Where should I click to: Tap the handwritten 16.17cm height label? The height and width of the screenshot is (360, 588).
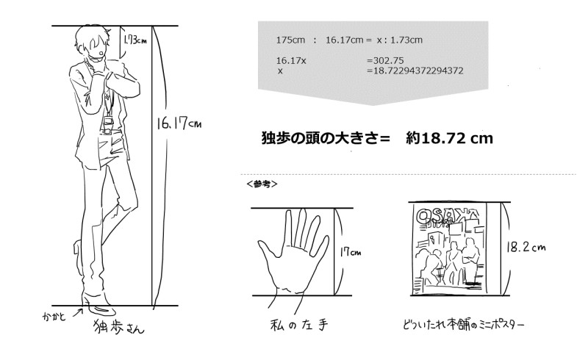pos(179,123)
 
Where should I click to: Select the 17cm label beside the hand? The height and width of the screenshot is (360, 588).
pos(351,251)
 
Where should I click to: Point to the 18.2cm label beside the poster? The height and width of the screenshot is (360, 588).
pos(526,247)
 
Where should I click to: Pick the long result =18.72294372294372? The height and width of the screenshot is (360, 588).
pos(415,71)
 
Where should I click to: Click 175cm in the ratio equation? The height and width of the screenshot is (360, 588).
pos(290,40)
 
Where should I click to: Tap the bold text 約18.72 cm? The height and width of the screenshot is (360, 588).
pos(449,138)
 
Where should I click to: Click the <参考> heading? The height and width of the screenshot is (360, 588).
pos(262,184)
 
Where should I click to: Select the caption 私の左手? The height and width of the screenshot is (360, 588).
pos(299,325)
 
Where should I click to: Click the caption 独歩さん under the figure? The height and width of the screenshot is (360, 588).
pos(118,326)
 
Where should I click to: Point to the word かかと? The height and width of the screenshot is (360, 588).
pos(54,317)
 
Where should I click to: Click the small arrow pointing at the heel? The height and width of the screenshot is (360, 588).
pos(78,312)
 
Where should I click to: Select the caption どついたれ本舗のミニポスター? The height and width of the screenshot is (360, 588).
pos(464,324)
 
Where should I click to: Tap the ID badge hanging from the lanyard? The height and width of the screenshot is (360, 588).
pos(109,120)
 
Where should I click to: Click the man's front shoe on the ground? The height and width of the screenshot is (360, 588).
pos(101,309)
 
